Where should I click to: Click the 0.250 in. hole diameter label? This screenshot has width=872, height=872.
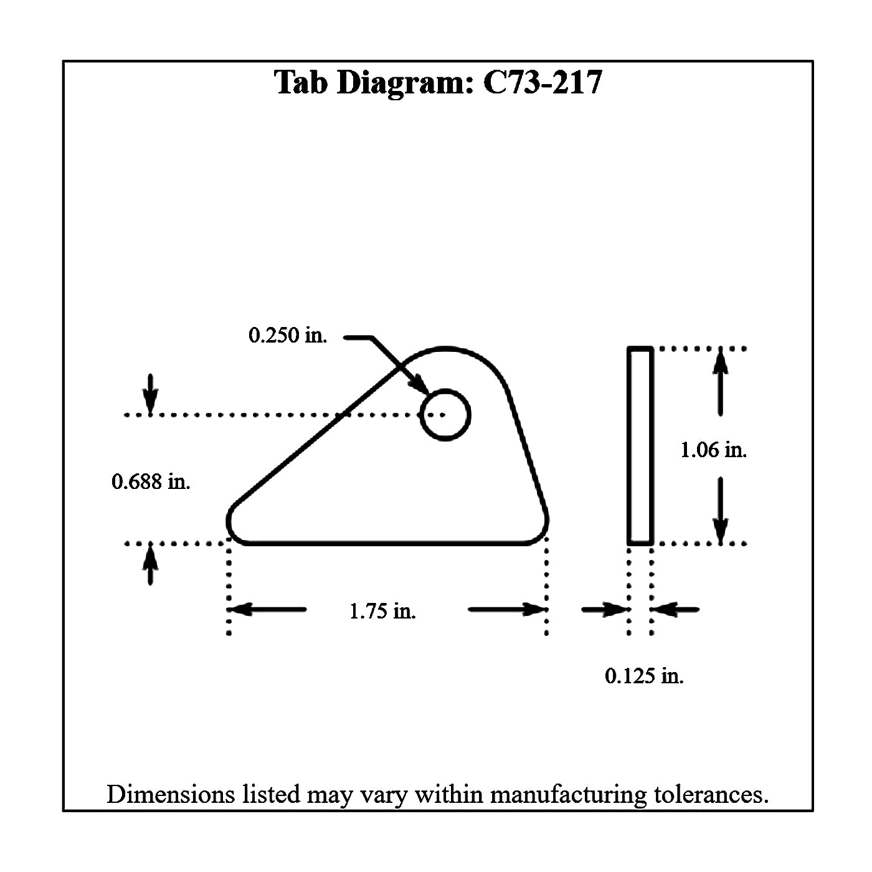[x=287, y=335]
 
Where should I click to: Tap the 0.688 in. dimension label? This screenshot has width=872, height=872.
[x=151, y=481]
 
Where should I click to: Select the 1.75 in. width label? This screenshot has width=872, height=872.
[x=382, y=611]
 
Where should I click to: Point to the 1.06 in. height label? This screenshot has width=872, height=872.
[x=714, y=450]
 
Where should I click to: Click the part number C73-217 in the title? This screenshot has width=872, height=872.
[x=543, y=82]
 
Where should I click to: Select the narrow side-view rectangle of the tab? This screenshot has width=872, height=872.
[x=640, y=446]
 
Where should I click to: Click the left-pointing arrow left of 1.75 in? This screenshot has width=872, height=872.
[x=268, y=609]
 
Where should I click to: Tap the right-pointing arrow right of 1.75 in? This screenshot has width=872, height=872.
[x=507, y=609]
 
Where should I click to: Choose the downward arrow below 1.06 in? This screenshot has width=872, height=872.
[x=721, y=509]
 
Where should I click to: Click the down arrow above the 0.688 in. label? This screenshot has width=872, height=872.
[x=150, y=393]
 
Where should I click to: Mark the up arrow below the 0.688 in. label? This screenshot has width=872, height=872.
[x=150, y=565]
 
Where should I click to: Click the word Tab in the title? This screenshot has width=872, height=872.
[x=301, y=82]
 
